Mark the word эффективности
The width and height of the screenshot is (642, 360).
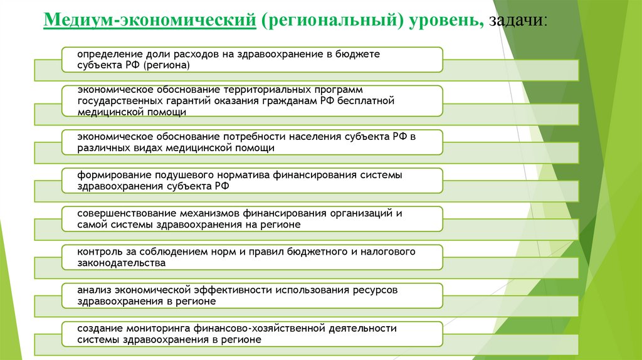[x=236, y=290]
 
